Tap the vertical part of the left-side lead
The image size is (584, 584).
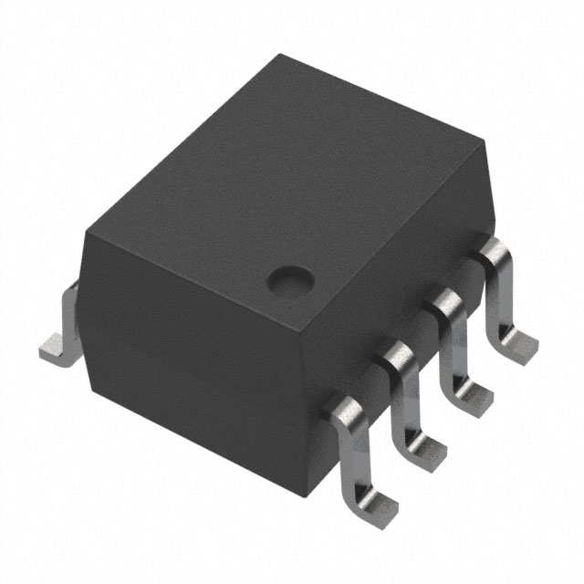69,315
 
